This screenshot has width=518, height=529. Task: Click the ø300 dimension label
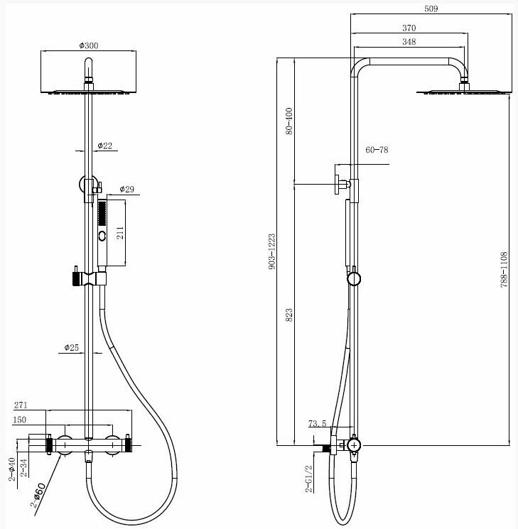coord(89,45)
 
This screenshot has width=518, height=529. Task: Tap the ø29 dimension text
coord(127,190)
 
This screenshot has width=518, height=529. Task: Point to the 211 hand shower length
coord(120,233)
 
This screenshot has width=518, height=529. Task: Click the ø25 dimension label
coord(71,348)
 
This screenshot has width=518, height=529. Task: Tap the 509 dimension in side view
coord(410,10)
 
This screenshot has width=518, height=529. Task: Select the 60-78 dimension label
coord(377,151)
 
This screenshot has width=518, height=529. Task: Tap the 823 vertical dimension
coord(288,315)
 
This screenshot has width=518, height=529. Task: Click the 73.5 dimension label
coord(318,425)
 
